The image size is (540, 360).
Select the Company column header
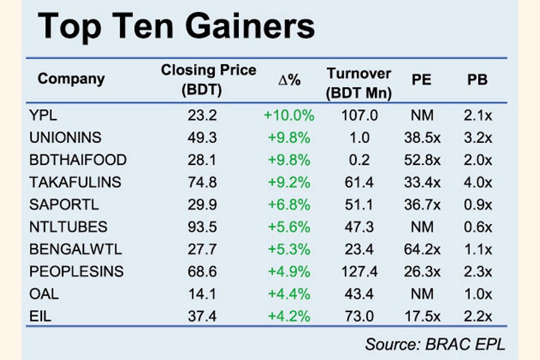tap(71, 79)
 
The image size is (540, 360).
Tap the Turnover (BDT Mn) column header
tap(359, 83)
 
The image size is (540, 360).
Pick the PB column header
tap(477, 79)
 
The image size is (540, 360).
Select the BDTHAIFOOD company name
tap(78, 160)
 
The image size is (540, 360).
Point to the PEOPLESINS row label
tap(76, 272)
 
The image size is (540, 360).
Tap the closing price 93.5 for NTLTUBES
tap(202, 227)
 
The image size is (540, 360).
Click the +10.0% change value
tap(289, 115)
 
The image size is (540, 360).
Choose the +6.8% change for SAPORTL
tap(289, 205)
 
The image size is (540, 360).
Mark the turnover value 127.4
tap(359, 272)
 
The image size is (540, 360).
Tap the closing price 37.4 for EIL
tap(202, 316)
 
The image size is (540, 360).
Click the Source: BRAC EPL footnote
tap(434, 344)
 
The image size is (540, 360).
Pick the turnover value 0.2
tap(359, 160)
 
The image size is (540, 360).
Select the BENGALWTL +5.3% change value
tap(289, 249)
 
